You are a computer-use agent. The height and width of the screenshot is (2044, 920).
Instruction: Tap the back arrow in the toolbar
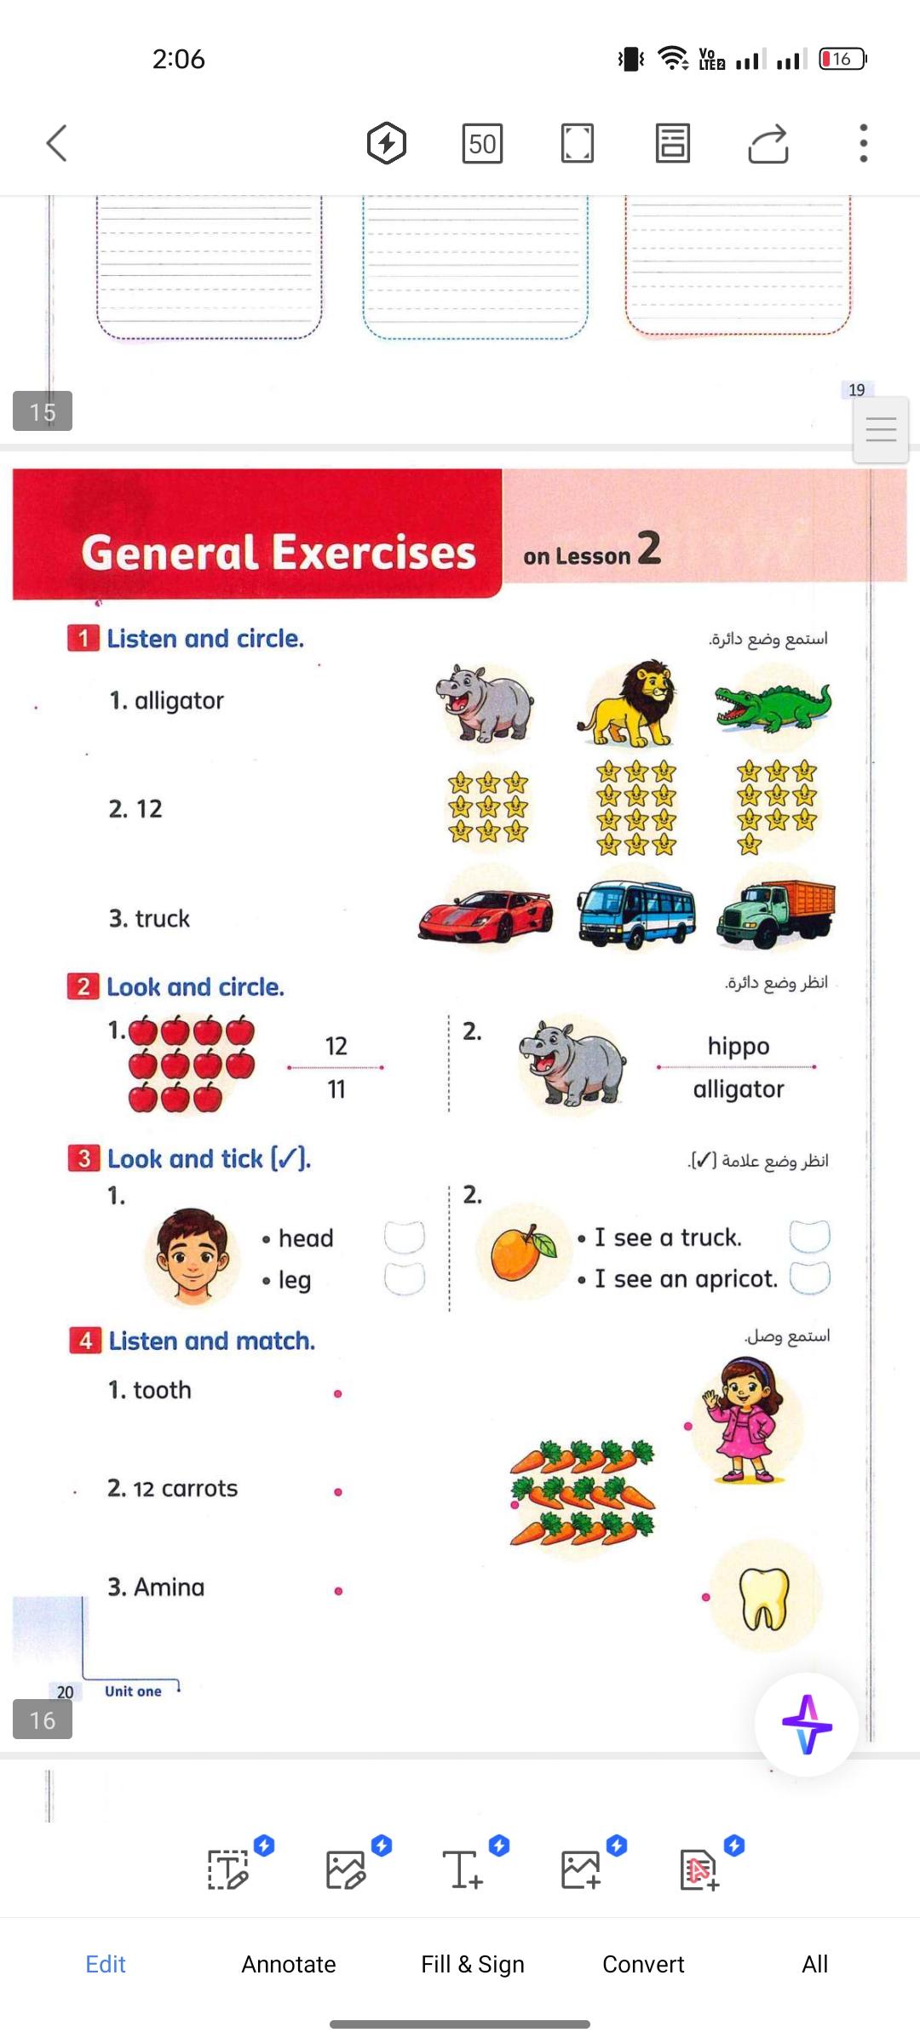pos(56,143)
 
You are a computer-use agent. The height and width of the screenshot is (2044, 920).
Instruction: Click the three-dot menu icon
pos(863,143)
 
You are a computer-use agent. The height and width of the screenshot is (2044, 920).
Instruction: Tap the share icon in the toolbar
pos(768,143)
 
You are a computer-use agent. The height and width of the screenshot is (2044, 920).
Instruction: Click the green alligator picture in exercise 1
pos(773,706)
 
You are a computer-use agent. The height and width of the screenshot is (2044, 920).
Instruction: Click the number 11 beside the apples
pos(336,1089)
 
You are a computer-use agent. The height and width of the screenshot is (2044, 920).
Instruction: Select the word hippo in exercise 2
pos(739,1046)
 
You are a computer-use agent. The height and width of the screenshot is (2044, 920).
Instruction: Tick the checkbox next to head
pos(404,1237)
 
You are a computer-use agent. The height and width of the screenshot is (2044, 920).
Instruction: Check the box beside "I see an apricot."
pos(809,1277)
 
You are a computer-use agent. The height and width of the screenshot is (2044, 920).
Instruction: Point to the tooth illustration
pos(764,1598)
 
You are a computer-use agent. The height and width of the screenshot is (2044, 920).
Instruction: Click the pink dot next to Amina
pos(338,1591)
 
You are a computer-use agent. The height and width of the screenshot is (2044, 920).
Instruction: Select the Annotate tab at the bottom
pos(289,1964)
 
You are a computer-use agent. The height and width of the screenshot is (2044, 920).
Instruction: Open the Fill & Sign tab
pos(473,1964)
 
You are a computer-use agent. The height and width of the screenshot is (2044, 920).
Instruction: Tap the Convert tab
pos(643,1964)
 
